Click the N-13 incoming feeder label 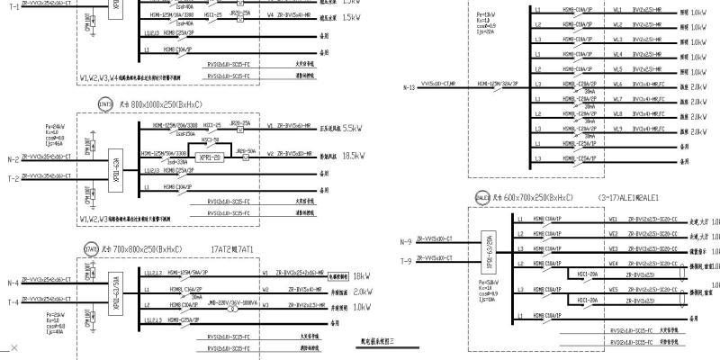(410, 87)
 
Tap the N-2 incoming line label (13, 158)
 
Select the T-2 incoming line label (13, 178)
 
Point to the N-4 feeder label (13, 283)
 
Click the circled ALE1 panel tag (481, 196)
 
